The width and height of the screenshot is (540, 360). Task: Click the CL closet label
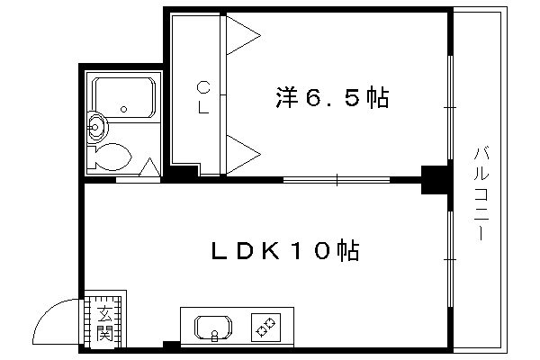click(203, 97)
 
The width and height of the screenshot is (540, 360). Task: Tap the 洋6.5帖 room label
click(332, 97)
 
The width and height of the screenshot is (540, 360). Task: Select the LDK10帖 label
click(285, 250)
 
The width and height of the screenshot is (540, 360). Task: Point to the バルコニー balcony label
click(481, 193)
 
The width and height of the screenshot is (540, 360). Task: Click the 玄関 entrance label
click(104, 323)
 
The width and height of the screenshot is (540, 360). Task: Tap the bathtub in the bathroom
click(124, 98)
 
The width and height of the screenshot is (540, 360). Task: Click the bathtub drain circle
click(124, 109)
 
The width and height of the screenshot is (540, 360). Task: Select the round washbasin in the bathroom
click(97, 127)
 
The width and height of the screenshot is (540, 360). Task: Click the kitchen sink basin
click(213, 328)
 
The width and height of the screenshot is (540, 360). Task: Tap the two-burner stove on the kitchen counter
click(265, 328)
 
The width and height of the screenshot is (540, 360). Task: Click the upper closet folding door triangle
click(243, 35)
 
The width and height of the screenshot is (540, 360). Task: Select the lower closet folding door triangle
click(243, 154)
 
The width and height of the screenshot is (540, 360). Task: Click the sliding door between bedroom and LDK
click(337, 179)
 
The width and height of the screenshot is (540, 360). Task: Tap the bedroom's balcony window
click(450, 107)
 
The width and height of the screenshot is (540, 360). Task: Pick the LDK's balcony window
click(450, 259)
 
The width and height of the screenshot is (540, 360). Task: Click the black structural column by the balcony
click(435, 180)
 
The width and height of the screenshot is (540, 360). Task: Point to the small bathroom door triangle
click(150, 167)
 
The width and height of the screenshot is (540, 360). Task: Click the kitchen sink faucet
click(214, 335)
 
